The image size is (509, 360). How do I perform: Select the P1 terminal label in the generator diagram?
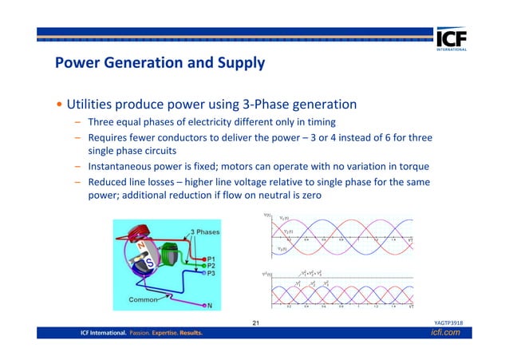coord(211,259)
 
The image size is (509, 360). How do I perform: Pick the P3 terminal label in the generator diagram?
coord(211,274)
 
